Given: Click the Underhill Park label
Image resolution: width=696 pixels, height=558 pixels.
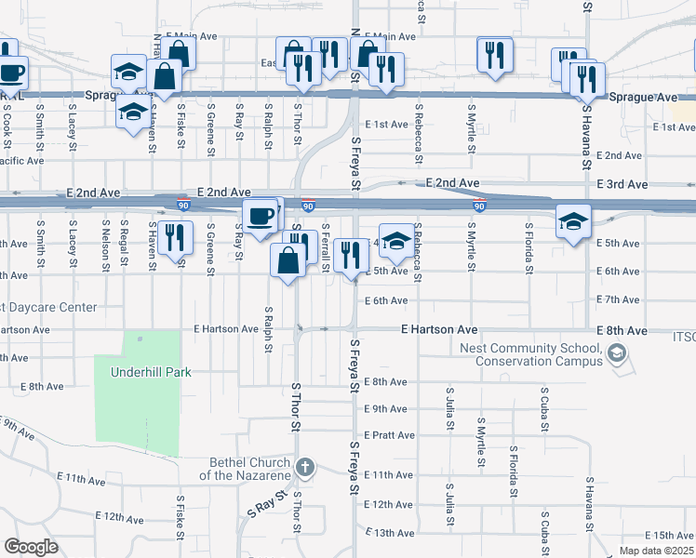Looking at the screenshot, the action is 151,372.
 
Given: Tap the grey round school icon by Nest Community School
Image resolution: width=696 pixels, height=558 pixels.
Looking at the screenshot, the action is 616,353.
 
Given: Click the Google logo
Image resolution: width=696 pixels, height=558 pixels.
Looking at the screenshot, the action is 31,547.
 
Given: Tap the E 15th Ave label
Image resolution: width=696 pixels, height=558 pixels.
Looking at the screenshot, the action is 672,536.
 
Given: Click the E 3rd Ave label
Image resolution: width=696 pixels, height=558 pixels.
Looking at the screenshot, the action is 623,185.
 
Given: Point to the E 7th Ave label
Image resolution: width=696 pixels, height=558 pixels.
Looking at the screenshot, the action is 618,299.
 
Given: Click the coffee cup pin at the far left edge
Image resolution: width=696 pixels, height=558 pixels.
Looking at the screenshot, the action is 10,72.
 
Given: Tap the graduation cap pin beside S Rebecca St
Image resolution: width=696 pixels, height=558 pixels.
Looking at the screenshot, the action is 396,240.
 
